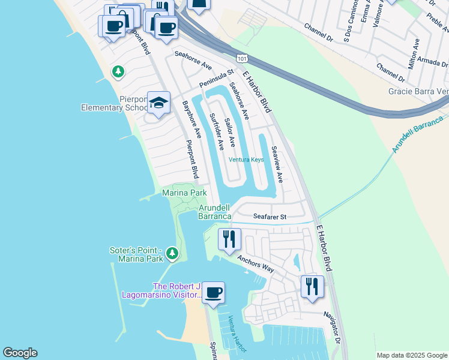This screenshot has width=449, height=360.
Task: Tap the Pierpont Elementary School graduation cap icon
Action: click(x=159, y=103)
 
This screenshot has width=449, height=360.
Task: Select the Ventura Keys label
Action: click(x=246, y=160)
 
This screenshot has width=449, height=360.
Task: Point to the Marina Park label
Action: click(x=184, y=193)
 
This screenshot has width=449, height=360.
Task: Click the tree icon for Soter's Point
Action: click(x=173, y=254)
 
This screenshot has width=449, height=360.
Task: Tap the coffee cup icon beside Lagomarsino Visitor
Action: click(x=213, y=293)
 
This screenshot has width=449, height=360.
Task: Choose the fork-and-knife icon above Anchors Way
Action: click(x=229, y=239)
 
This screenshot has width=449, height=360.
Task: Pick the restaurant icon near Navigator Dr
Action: click(x=312, y=286)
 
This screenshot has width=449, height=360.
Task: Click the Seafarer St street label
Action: click(x=270, y=216)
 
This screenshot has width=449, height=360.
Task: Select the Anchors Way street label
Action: click(x=255, y=264)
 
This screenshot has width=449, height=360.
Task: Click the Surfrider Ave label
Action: click(x=216, y=131)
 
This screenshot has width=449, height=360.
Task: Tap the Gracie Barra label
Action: click(x=418, y=91)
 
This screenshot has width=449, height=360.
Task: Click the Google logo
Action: click(x=20, y=353)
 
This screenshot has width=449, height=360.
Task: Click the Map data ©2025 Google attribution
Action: click(x=411, y=355)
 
